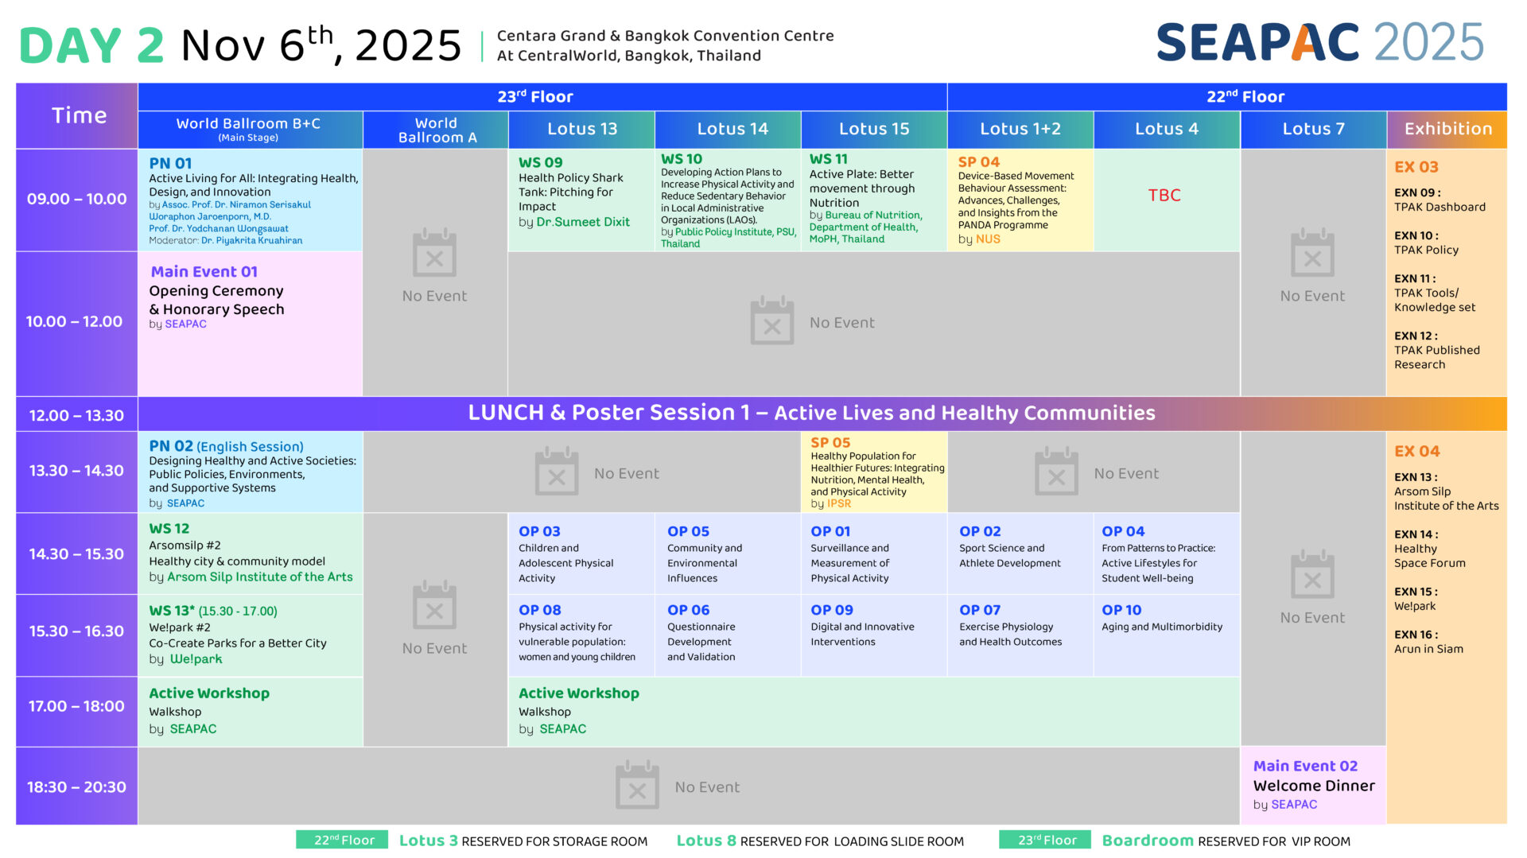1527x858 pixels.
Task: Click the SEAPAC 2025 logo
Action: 1319,42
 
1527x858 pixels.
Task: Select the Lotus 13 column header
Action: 582,129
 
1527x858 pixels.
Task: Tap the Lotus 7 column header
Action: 1313,129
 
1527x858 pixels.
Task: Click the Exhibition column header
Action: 1447,129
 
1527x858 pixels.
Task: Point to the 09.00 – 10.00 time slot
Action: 76,199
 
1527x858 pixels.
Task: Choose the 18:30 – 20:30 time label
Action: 76,787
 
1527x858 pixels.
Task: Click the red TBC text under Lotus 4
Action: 1164,196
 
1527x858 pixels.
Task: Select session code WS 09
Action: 541,162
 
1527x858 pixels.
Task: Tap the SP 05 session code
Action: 830,442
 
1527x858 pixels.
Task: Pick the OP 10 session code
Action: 1121,610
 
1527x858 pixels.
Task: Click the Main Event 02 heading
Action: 1305,766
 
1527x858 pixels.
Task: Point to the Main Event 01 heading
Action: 204,272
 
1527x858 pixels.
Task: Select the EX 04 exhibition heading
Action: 1416,451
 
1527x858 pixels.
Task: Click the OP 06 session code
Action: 688,610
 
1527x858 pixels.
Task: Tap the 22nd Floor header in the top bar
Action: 1245,97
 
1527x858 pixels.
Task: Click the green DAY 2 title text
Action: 91,46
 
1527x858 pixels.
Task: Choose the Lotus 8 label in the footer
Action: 706,841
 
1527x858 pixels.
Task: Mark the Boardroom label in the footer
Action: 1148,841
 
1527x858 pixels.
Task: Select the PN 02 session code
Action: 171,446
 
